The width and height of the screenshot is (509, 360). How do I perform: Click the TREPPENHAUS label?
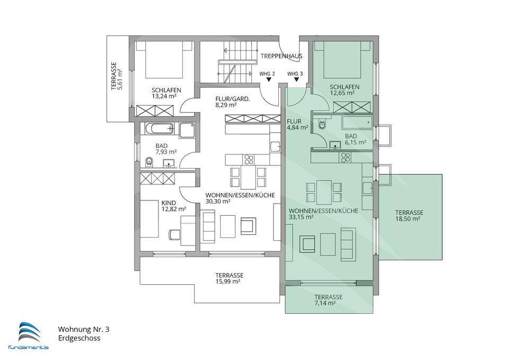(x=282, y=56)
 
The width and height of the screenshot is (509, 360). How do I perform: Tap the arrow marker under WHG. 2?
(x=268, y=80)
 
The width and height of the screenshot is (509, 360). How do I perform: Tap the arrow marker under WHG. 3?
(x=296, y=80)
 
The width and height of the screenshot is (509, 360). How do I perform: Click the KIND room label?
(x=169, y=203)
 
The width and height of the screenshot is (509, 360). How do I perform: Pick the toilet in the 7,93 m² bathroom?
(x=149, y=161)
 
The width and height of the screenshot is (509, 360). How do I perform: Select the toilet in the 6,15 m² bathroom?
(x=322, y=125)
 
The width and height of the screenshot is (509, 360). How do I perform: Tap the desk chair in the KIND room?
(x=174, y=234)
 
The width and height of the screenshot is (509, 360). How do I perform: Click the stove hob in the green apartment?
(x=345, y=158)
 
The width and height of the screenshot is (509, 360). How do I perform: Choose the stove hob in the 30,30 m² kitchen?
(x=249, y=159)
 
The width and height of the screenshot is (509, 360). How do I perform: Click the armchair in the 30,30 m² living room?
(x=249, y=226)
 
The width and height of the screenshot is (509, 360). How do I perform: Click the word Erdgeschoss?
(x=79, y=338)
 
